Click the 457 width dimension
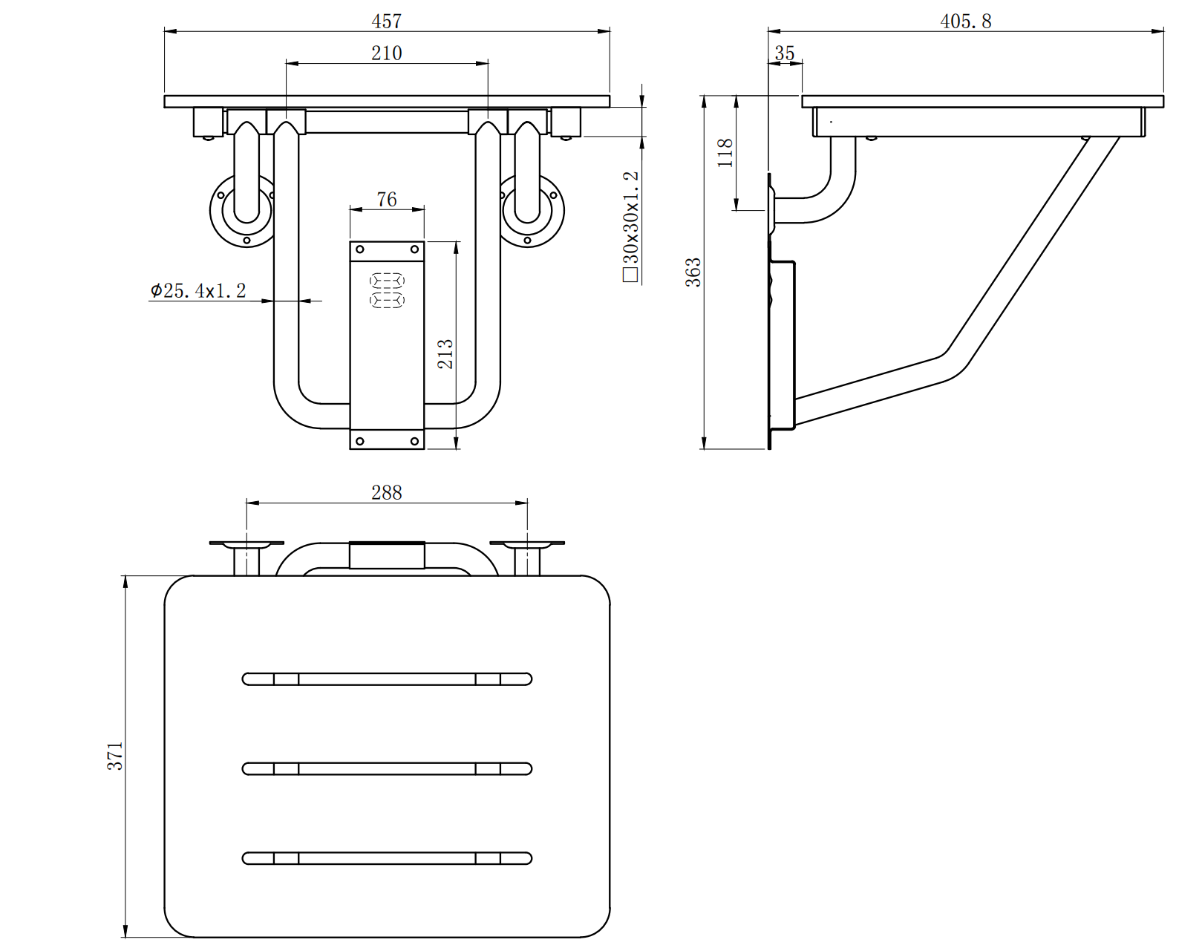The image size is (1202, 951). (386, 22)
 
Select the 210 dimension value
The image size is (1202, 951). (386, 53)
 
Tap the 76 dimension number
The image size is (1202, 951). (386, 200)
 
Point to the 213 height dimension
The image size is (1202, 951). (445, 354)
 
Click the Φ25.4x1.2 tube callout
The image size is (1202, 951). (198, 290)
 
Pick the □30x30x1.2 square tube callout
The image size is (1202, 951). (631, 227)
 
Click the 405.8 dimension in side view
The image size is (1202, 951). (965, 22)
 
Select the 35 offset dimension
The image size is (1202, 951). (784, 53)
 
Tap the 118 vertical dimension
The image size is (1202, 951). (725, 152)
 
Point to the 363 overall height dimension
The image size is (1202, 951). (693, 272)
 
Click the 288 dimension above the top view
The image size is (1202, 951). (386, 493)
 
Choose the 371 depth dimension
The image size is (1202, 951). (115, 756)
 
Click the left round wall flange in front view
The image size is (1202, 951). (242, 212)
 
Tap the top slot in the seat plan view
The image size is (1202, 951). (387, 679)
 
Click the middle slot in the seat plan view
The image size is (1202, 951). (387, 768)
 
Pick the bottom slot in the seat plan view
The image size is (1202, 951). (387, 858)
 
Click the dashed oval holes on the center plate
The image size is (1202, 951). (387, 290)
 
